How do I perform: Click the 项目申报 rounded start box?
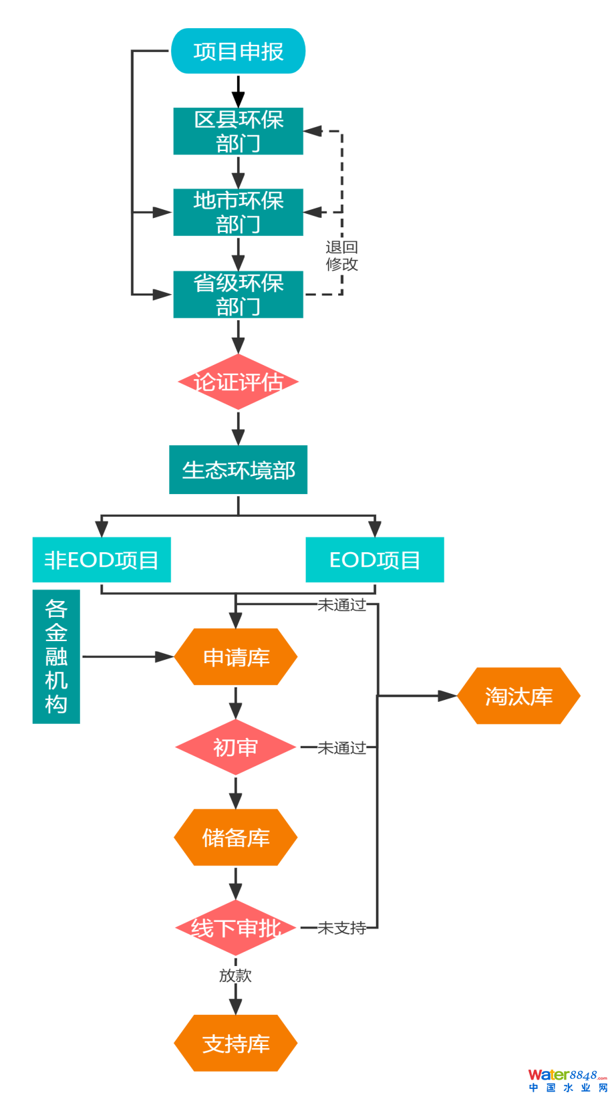coord(238,51)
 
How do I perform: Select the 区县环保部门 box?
coord(238,131)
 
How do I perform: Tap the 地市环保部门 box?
coord(238,212)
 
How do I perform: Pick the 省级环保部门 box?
coord(238,294)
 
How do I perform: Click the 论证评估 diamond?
coord(238,382)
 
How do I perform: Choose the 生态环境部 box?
coord(238,470)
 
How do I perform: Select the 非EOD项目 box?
coord(102,560)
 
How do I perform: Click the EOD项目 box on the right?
coord(375,560)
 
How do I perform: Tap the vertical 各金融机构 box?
coord(56,656)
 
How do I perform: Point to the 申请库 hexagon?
coord(236,657)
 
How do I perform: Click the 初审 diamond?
coord(235,747)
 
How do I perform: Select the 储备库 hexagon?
coord(236,838)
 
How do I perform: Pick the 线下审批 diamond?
coord(235,928)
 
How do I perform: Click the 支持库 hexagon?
coord(236,1044)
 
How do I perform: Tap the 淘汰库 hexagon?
coord(518,696)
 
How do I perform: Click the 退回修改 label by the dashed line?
coord(342,256)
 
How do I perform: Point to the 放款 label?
coord(235,975)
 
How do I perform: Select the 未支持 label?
coord(341,928)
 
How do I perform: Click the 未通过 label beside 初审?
coord(341,747)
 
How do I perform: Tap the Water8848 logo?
coord(567,1080)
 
